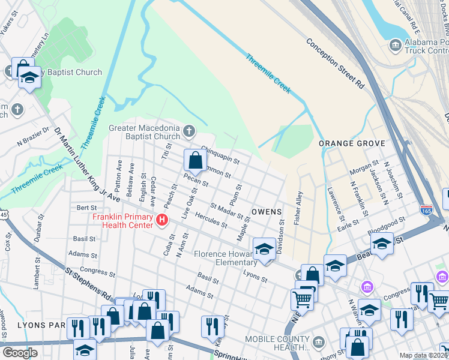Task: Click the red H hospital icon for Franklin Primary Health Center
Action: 161,221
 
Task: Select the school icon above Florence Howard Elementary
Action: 264,249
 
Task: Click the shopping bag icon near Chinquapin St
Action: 195,160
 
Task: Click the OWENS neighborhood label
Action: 266,212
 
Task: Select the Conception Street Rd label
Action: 335,64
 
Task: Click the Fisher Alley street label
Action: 298,208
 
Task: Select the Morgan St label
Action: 364,163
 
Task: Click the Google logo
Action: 20,353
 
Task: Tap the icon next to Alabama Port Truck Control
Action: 395,44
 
